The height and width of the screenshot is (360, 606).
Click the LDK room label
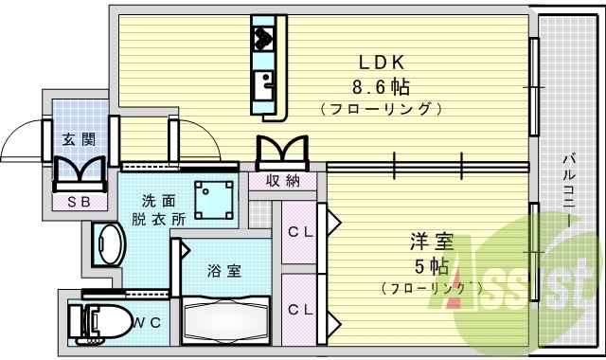click(x=383, y=63)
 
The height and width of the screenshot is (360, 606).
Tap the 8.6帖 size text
click(x=382, y=86)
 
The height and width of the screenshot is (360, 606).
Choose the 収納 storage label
click(x=283, y=180)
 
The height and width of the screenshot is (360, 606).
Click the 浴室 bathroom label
click(x=224, y=270)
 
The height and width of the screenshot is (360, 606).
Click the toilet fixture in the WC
click(x=99, y=323)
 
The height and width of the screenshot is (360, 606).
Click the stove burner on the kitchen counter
click(x=262, y=39)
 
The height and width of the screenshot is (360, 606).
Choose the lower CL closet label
click(x=300, y=309)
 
